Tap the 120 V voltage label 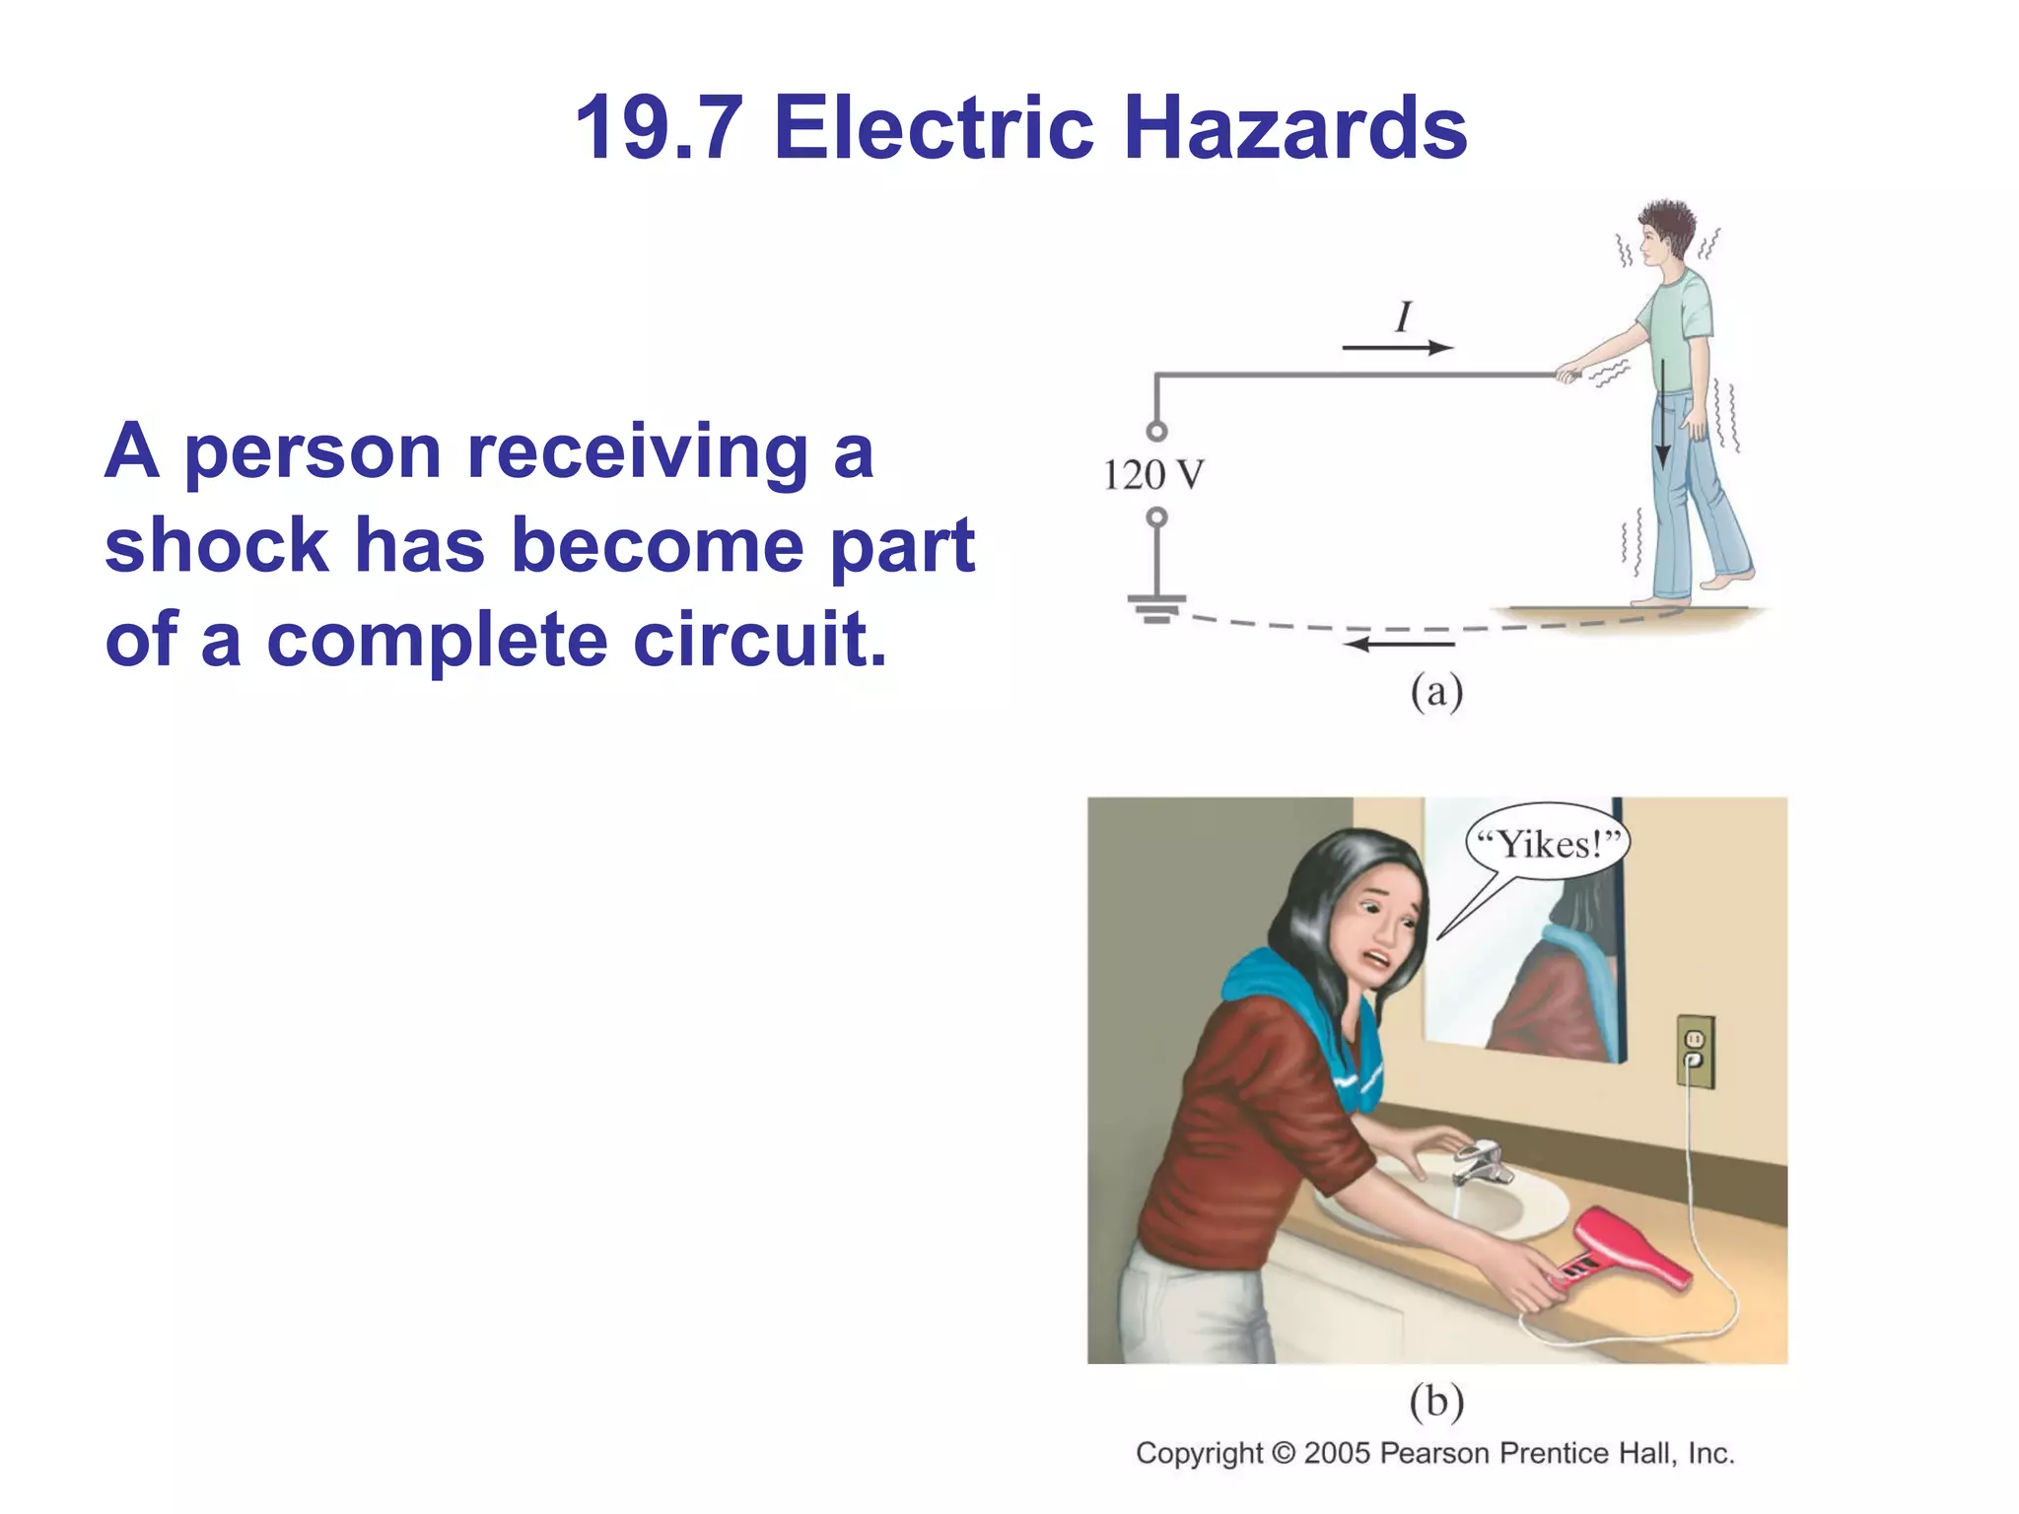[x=1152, y=475]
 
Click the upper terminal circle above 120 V [x=1157, y=431]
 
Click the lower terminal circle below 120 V [x=1157, y=517]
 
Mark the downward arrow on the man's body [x=1662, y=414]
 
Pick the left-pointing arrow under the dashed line [x=1400, y=645]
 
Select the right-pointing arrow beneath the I [x=1397, y=347]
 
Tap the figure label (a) [x=1436, y=692]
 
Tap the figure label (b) [x=1436, y=1401]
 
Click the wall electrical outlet [x=1695, y=1051]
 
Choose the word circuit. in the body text [x=759, y=639]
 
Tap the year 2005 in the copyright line [x=1337, y=1453]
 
